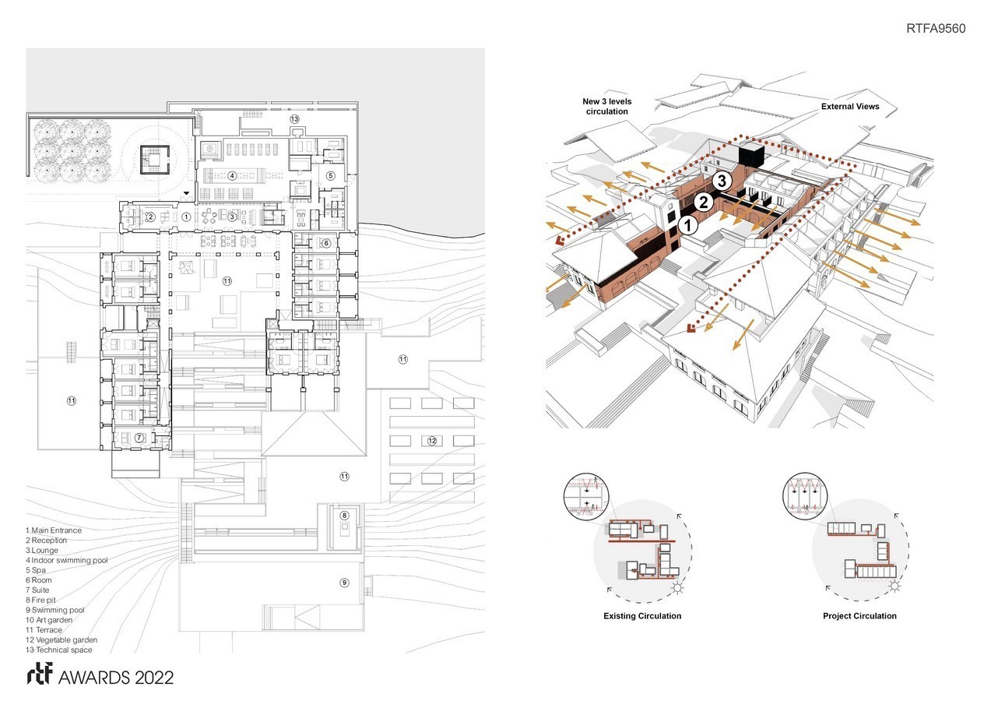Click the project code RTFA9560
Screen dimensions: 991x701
tap(936, 28)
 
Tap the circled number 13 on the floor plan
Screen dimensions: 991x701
tap(294, 118)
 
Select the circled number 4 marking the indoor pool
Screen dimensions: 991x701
tap(232, 176)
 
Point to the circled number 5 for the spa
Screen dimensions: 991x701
tap(331, 176)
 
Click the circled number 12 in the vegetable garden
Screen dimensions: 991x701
tap(432, 441)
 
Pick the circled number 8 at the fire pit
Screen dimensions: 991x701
tap(344, 515)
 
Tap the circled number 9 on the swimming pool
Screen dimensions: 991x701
tap(344, 583)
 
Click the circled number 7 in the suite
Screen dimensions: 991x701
tap(139, 438)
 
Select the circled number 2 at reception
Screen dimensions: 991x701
tap(150, 217)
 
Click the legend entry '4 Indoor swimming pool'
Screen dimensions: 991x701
tap(67, 560)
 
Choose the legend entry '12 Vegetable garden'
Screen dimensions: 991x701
tap(61, 640)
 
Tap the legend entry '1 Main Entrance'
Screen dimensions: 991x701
tap(54, 530)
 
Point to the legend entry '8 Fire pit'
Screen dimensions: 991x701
tap(40, 600)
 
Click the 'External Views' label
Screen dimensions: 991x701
tap(850, 107)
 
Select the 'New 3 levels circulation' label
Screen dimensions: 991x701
tap(607, 106)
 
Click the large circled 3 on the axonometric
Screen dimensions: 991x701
tap(722, 181)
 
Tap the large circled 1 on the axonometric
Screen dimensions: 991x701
tap(687, 225)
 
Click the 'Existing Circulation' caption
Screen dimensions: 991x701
tap(642, 615)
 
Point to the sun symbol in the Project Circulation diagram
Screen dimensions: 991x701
tap(894, 586)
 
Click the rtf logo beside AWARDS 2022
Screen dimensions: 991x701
tap(40, 675)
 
